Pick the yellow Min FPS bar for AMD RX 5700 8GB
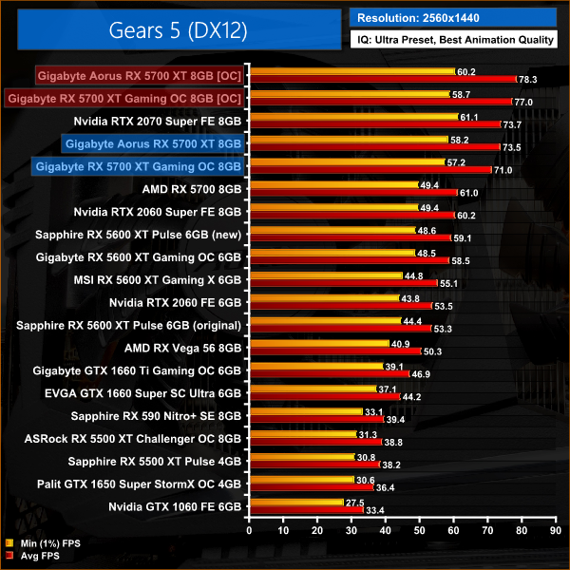coord(333,184)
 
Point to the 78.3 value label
coord(529,80)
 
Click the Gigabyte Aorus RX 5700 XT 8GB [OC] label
coord(139,75)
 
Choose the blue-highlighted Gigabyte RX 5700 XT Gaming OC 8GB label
coord(139,166)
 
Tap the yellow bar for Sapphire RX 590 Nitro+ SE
coord(305,411)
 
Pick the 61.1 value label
coord(469,118)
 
